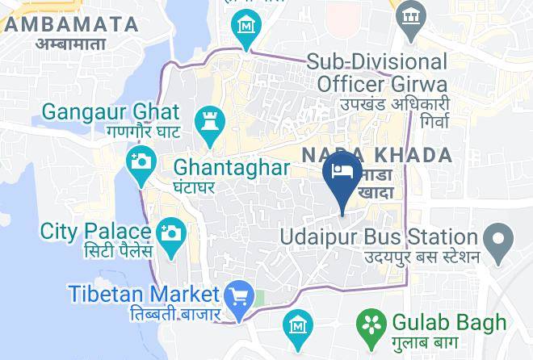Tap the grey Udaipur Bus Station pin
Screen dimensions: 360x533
498,238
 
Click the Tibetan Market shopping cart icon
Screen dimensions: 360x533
239,295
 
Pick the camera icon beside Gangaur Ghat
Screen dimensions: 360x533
141,160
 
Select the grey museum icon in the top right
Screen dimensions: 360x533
411,13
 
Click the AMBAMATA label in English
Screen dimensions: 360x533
70,25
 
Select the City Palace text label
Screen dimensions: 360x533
97,231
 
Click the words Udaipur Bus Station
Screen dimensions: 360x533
379,237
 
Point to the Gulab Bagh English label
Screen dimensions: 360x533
448,322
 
